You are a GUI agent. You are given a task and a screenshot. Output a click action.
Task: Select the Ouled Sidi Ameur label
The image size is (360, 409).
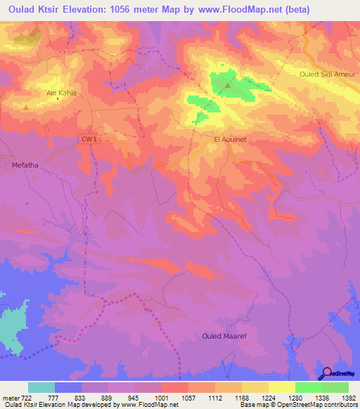point(328,74)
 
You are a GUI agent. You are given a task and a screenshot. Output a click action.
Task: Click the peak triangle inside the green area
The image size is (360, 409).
point(228,86)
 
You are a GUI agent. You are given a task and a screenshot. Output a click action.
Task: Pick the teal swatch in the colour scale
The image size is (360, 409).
point(41,387)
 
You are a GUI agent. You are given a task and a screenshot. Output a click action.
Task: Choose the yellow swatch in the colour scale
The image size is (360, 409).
point(282,387)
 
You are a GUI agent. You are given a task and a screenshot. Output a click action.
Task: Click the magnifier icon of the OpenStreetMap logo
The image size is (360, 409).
point(326,373)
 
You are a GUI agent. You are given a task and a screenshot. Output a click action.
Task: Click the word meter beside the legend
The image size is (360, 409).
point(11,398)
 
